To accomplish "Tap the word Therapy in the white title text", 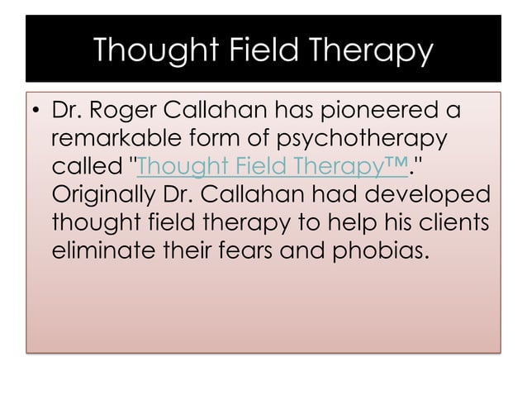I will click(371, 51).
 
